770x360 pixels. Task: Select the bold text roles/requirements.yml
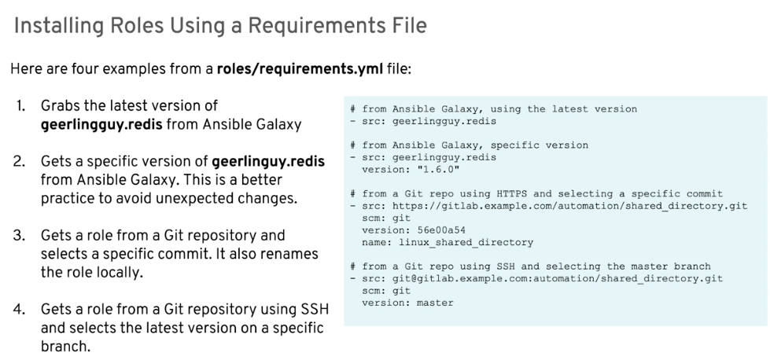tap(300, 68)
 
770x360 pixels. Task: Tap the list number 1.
tap(20, 105)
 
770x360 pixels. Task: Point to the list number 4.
tap(20, 309)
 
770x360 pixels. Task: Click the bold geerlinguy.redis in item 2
tap(268, 161)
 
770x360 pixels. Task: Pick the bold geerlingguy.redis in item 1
tap(101, 124)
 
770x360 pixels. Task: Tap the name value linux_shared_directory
tap(466, 242)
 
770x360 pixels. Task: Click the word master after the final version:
tap(435, 303)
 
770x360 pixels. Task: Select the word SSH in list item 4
tap(315, 309)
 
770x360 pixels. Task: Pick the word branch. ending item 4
tap(66, 347)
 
